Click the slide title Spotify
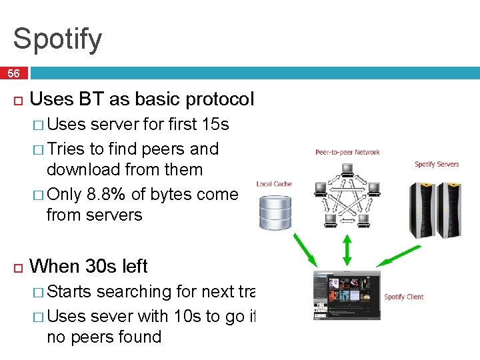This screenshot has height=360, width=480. (x=57, y=39)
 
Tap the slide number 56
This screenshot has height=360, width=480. (x=13, y=73)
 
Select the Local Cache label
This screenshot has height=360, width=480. (x=274, y=184)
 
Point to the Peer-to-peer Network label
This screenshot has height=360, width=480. (x=347, y=152)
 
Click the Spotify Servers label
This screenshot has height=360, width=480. (x=437, y=164)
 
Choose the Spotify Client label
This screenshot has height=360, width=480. (x=404, y=297)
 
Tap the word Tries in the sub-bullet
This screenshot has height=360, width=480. (x=67, y=148)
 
